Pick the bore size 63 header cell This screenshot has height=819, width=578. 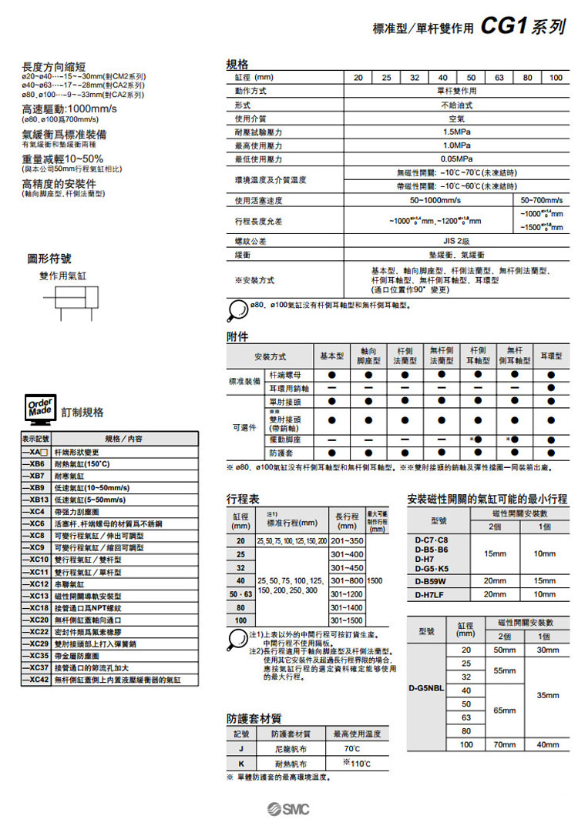click(499, 78)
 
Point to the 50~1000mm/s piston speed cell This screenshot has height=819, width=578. click(435, 200)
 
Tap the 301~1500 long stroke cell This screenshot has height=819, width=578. click(345, 620)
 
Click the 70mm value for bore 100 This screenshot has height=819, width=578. click(506, 744)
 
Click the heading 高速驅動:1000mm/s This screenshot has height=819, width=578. click(69, 109)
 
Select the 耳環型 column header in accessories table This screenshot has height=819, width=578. click(551, 356)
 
